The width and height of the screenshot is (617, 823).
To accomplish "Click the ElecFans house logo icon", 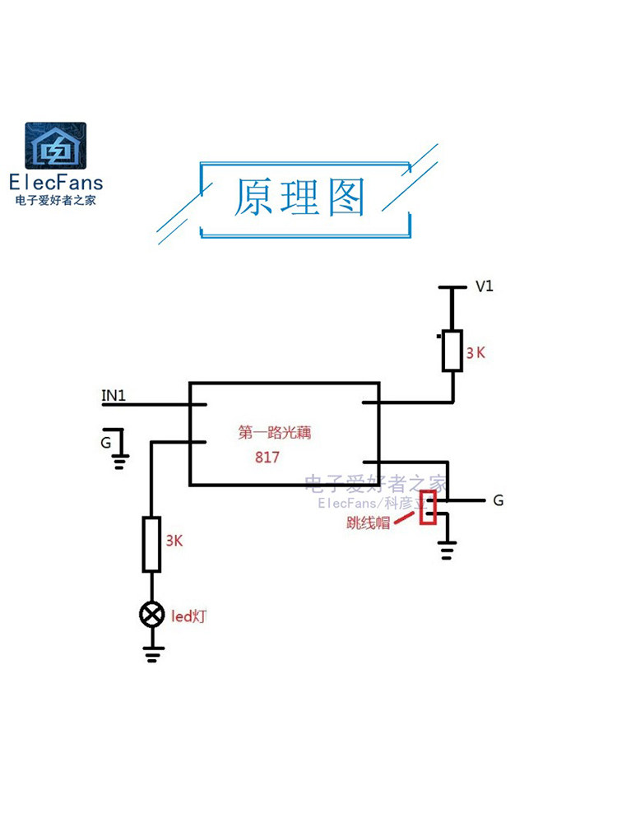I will tap(55, 146).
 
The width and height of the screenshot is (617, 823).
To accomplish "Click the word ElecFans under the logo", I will tap(55, 182).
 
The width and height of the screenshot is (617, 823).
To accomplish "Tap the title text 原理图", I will tap(299, 198).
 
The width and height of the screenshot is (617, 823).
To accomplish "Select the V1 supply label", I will tap(485, 286).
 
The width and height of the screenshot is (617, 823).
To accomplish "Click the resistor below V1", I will tap(452, 351).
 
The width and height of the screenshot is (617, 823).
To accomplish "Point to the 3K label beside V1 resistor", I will tap(476, 352).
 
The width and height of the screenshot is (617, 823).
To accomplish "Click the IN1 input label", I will tap(114, 396).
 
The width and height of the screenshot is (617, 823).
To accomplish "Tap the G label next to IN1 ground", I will tap(105, 443).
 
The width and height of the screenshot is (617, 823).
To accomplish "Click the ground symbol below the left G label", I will tap(120, 460).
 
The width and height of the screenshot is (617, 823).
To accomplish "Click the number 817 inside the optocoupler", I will tap(267, 458).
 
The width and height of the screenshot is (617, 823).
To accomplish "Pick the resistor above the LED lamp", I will tap(151, 544).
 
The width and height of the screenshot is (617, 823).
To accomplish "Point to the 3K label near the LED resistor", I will tap(174, 541).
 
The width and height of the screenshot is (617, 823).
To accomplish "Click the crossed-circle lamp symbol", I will tap(151, 614).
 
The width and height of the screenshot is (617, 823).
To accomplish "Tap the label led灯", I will tap(188, 615).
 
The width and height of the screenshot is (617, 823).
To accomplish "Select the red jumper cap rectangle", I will tap(428, 507).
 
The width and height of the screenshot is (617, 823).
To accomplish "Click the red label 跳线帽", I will tap(368, 522).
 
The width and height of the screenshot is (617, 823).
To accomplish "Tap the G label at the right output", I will tap(499, 500).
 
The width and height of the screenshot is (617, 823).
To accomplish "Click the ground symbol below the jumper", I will tap(447, 550).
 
